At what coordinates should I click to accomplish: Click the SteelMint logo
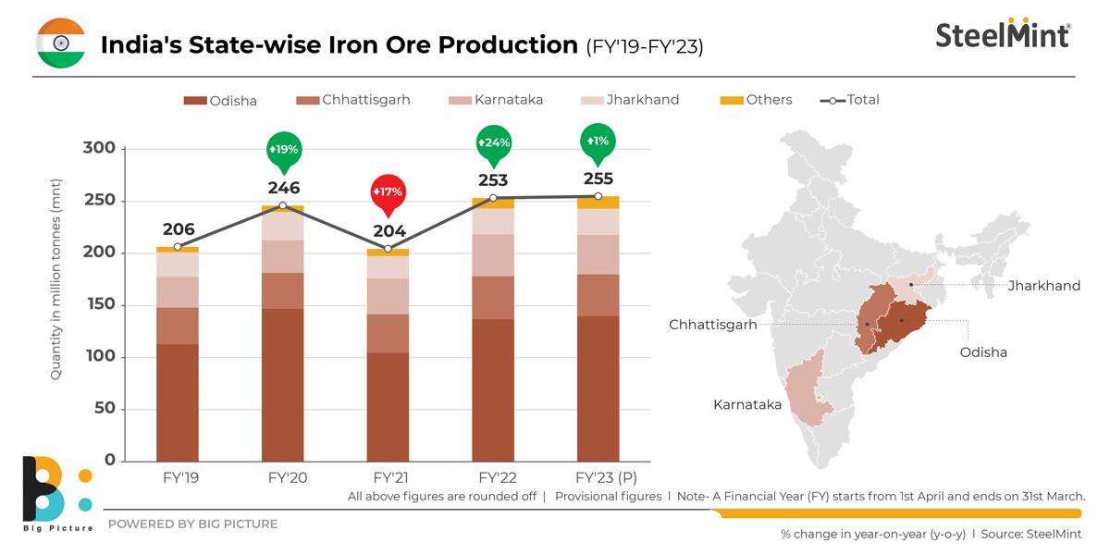1003,34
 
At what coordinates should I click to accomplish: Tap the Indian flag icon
60,43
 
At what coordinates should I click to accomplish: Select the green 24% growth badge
493,143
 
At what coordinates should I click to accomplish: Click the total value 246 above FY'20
283,188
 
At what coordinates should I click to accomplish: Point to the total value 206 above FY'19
178,229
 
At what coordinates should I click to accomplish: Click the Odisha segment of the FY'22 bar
493,388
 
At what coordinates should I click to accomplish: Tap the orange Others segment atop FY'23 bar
598,202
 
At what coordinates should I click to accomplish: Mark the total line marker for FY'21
388,249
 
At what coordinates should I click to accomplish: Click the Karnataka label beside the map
746,405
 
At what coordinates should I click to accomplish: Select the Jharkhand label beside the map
1043,286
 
